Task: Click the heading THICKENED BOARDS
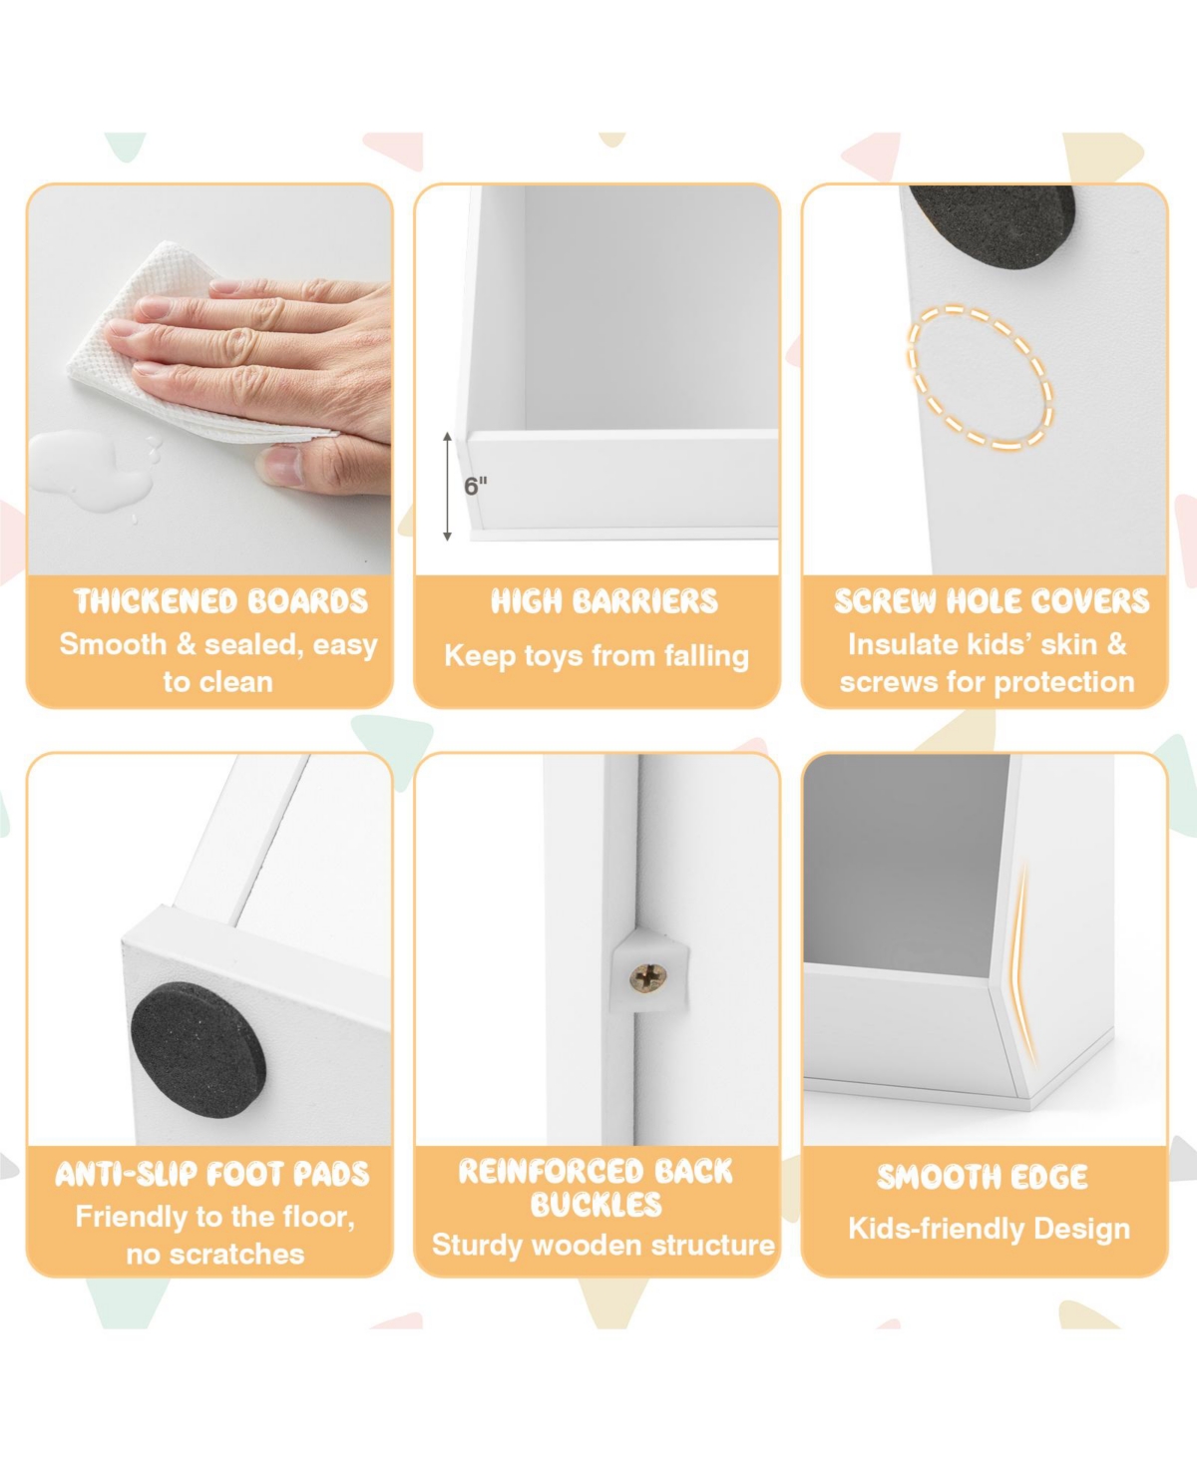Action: click(220, 601)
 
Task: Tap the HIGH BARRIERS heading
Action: click(604, 601)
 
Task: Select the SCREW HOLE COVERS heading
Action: click(992, 601)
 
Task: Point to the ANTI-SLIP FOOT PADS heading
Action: click(212, 1175)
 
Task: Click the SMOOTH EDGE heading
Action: click(982, 1177)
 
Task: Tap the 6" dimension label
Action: click(476, 486)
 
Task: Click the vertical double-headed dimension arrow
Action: click(447, 486)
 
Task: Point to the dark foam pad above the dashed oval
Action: click(993, 224)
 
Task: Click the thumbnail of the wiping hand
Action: click(209, 380)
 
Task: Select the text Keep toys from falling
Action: click(597, 656)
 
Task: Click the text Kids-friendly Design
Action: click(989, 1229)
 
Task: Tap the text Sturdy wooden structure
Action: click(603, 1246)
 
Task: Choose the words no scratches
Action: click(215, 1254)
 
